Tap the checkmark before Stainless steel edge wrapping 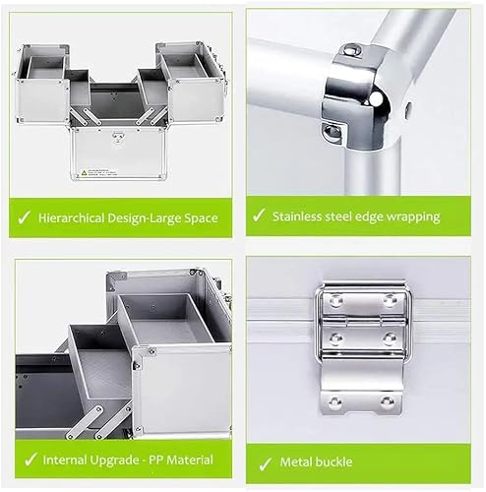[x=260, y=215]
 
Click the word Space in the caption [x=199, y=216]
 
